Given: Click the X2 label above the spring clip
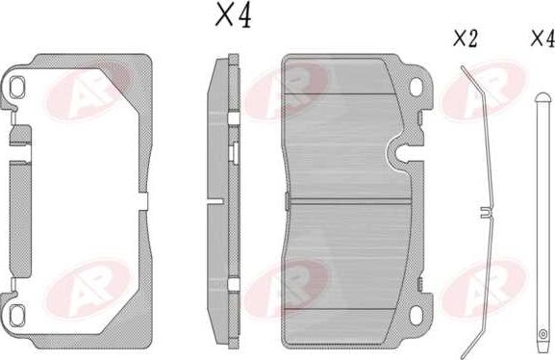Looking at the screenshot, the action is (466, 39).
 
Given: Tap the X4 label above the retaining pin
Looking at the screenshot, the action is (542, 39).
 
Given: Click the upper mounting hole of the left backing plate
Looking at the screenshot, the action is (16, 88).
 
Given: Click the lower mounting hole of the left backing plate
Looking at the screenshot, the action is (16, 315).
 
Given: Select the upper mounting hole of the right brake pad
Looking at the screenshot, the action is (416, 87).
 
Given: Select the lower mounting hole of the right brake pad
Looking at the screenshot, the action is (416, 314).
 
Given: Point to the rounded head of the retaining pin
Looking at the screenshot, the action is (542, 97).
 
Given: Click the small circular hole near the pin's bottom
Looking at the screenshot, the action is (542, 334).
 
